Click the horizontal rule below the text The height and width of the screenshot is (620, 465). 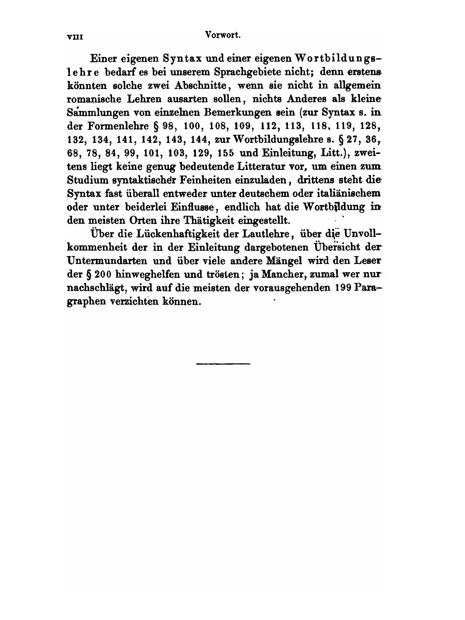point(223,364)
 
